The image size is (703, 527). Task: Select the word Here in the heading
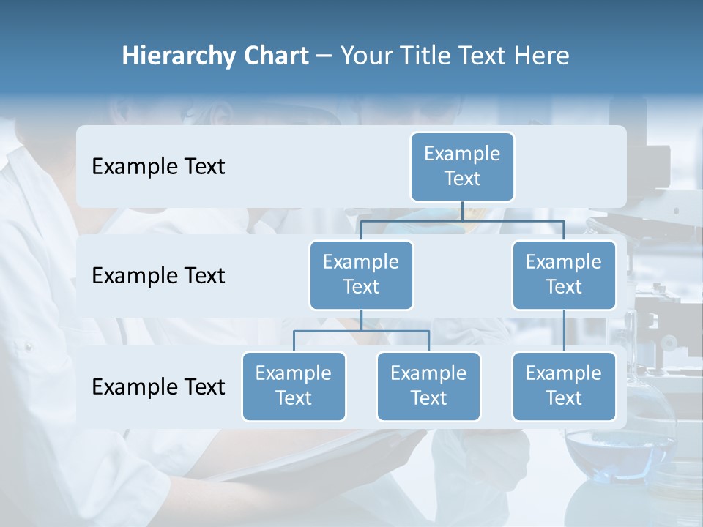(541, 56)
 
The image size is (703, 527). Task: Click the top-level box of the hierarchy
(462, 166)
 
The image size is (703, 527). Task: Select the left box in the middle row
(361, 274)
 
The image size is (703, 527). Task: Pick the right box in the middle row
(564, 274)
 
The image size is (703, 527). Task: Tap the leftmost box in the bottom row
(294, 386)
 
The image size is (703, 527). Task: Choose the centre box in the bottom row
(428, 386)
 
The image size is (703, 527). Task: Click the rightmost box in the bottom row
(564, 386)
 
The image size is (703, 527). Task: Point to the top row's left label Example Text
(158, 167)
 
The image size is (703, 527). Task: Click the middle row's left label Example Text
(158, 276)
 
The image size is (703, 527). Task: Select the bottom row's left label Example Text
(158, 386)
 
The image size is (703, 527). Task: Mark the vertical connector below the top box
(462, 211)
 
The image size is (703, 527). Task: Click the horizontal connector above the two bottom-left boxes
(361, 331)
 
